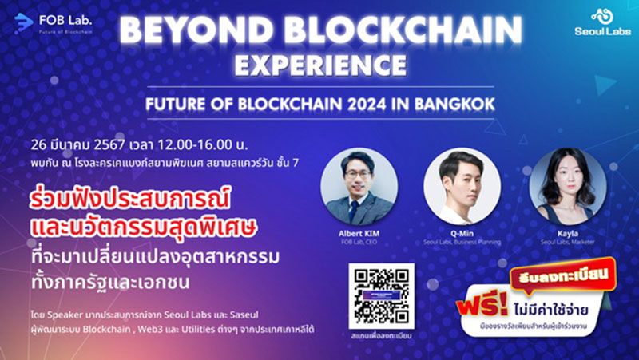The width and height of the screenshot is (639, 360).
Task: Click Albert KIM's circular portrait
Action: click(359, 185)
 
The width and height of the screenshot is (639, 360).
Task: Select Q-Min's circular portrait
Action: click(457, 185)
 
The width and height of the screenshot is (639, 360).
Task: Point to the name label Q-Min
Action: click(457, 232)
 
